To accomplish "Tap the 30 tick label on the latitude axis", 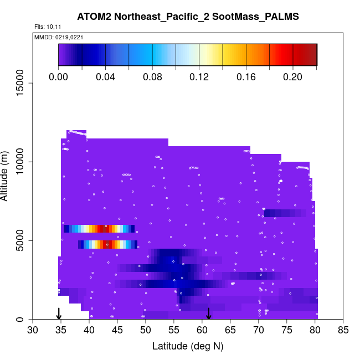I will click(x=33, y=331).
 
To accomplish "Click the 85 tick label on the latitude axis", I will click(x=343, y=331).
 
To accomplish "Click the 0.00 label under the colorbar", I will click(x=59, y=77).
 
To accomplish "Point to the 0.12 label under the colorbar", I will click(x=199, y=77).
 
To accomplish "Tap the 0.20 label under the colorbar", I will click(x=293, y=77).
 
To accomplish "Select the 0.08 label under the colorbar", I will click(x=152, y=77).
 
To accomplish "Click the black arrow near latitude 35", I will click(x=59, y=314).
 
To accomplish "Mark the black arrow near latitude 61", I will click(x=209, y=314).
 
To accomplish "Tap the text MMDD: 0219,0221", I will click(x=55, y=37).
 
